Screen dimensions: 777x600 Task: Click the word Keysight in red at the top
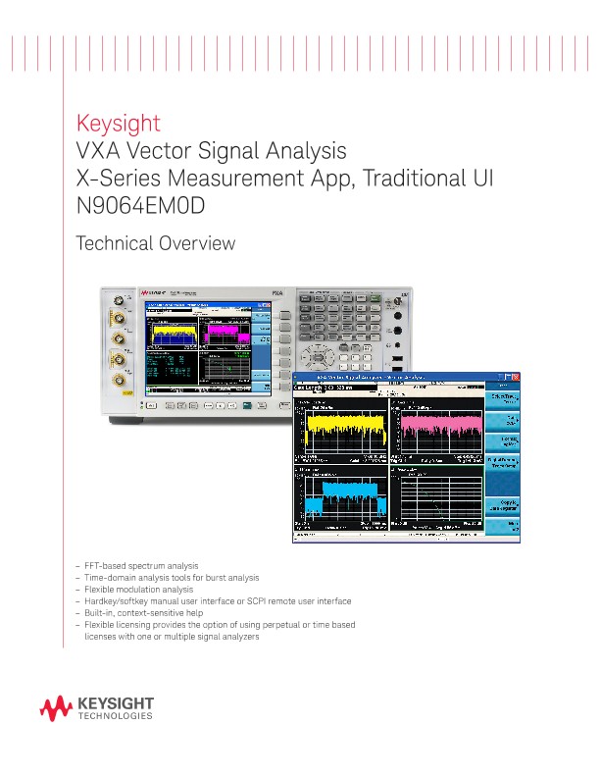118,125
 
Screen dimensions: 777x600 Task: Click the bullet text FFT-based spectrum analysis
142,566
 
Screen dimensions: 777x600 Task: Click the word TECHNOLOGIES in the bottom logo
114,717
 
